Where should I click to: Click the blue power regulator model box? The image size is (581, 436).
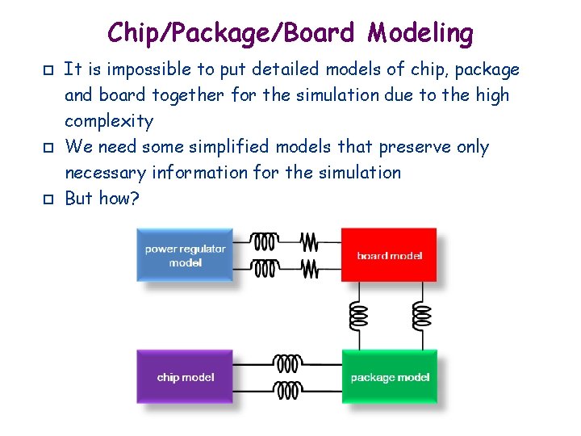(185, 255)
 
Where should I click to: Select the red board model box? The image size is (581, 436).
(389, 255)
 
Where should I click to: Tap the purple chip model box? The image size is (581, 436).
(185, 377)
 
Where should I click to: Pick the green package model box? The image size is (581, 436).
(389, 377)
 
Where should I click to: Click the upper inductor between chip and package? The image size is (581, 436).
(287, 364)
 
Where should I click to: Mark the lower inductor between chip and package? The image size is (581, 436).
(287, 391)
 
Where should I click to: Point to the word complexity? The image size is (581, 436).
(108, 121)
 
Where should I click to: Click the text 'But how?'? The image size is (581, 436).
(102, 198)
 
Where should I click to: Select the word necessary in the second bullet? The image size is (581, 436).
(102, 173)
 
